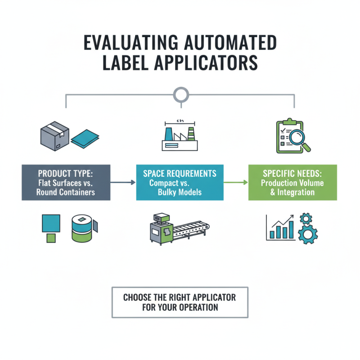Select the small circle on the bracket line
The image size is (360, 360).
pos(180,94)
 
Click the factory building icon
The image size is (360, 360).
pos(180,135)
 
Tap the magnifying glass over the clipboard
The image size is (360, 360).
pos(297,136)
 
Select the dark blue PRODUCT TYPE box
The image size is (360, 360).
pos(66,182)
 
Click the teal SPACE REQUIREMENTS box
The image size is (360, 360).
pos(180,182)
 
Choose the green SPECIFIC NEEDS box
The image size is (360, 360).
pos(292,182)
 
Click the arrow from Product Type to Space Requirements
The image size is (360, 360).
pos(123,182)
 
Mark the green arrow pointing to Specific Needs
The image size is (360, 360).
pos(236,182)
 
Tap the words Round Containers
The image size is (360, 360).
pos(66,192)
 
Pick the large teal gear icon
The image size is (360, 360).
pos(308,234)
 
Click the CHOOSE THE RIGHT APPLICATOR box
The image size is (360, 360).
pos(180,302)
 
